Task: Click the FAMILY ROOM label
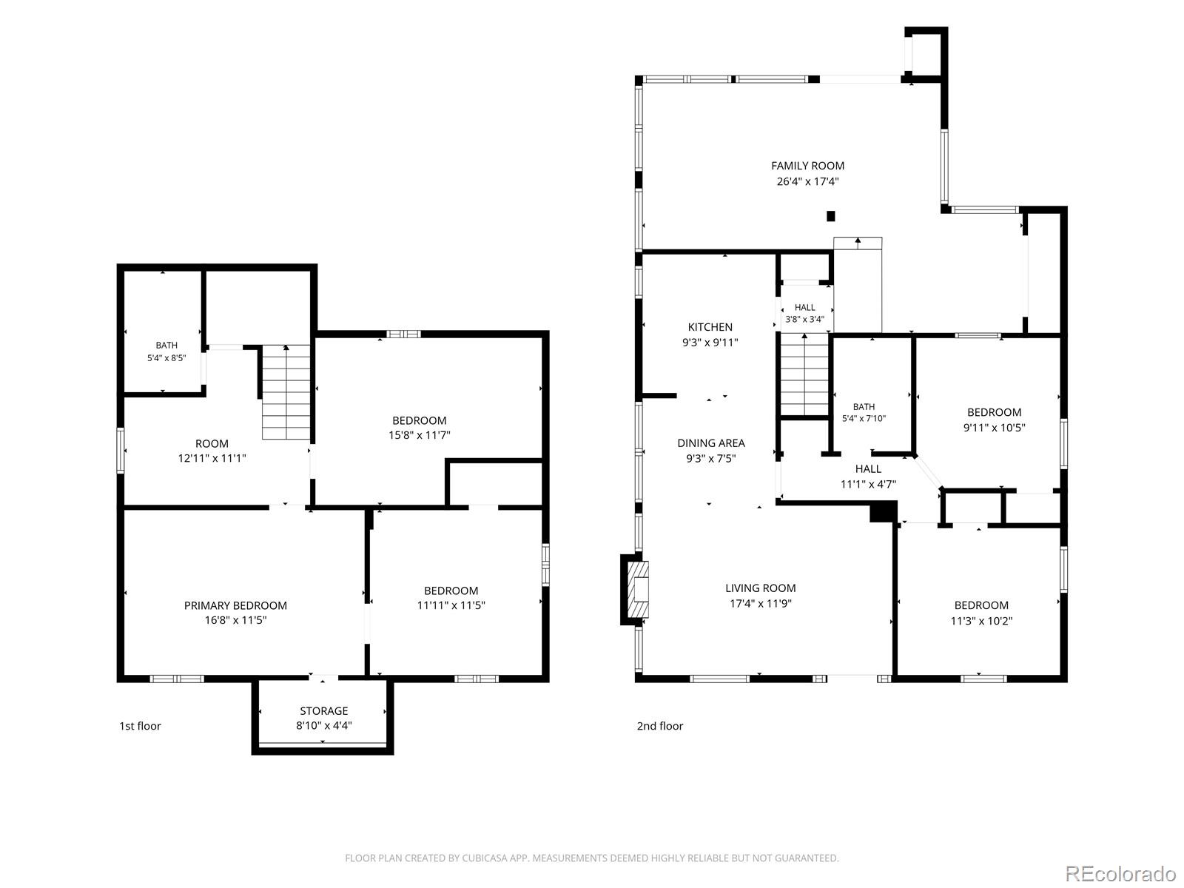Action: click(x=807, y=166)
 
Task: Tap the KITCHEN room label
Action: click(x=710, y=327)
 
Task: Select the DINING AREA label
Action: click(x=711, y=443)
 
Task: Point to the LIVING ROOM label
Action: click(x=760, y=588)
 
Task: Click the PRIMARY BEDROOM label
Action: click(x=235, y=605)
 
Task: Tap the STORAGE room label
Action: click(x=323, y=711)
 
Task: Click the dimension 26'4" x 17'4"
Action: click(x=807, y=182)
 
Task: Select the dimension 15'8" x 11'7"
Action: click(x=419, y=435)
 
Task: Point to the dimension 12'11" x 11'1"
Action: click(x=212, y=458)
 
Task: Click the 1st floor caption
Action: click(x=141, y=726)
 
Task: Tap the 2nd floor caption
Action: click(x=659, y=726)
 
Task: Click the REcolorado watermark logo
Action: click(x=1120, y=872)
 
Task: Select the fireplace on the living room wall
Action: click(x=635, y=589)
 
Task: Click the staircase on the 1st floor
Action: click(x=286, y=392)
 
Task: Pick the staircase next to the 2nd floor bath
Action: click(x=805, y=374)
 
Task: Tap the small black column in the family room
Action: click(x=831, y=216)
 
